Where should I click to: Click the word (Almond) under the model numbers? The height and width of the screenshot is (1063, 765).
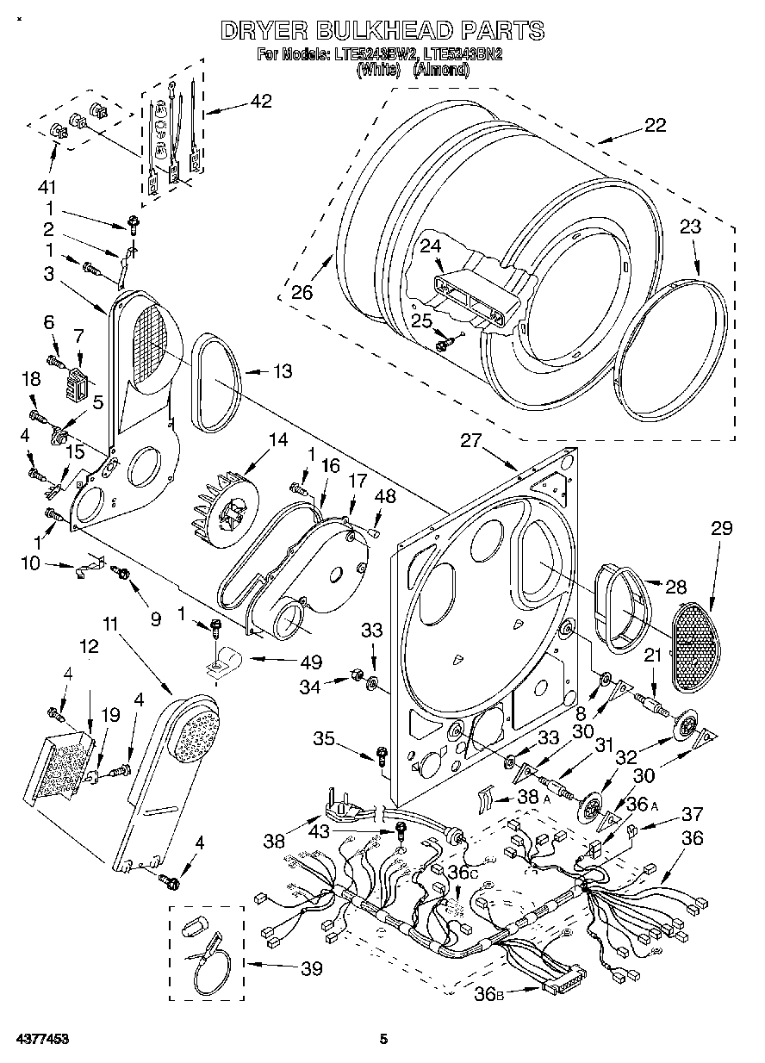pos(441,71)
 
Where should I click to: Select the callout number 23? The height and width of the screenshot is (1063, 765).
pos(690,227)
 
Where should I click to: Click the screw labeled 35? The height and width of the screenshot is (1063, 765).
pos(380,756)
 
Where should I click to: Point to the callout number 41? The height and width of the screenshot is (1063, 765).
pos(46,188)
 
